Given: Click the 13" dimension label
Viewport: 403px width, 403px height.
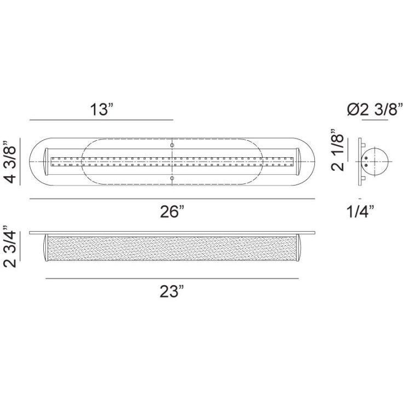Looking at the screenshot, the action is (x=101, y=110).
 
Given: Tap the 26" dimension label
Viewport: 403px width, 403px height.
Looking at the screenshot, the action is (x=172, y=212).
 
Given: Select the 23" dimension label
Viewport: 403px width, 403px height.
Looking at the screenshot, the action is (x=172, y=291).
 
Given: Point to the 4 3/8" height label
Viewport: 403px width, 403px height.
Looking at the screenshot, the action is (x=11, y=162).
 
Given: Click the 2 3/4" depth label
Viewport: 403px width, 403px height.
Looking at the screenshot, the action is (x=10, y=247).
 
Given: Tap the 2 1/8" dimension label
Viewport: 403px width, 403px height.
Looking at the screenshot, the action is (x=337, y=149).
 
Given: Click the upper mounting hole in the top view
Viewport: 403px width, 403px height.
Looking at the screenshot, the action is (x=172, y=145).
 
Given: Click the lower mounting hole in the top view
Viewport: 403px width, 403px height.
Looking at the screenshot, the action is (x=172, y=178).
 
